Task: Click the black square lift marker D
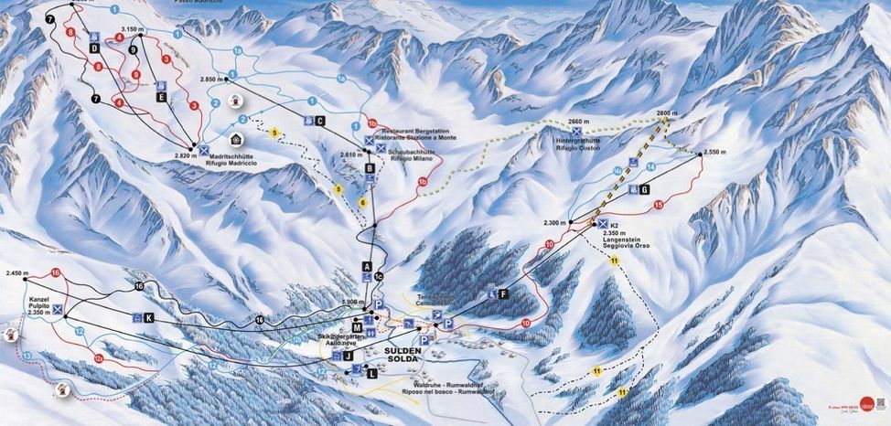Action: click(94, 48)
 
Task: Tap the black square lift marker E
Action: click(161, 96)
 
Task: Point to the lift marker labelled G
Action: click(644, 189)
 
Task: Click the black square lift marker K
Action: click(148, 317)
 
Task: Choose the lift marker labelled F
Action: click(503, 293)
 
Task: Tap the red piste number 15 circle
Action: click(658, 206)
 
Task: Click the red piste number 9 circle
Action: click(135, 74)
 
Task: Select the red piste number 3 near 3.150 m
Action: click(166, 59)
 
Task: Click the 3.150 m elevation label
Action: click(133, 29)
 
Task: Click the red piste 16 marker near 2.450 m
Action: click(56, 272)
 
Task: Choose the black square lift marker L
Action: click(370, 373)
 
